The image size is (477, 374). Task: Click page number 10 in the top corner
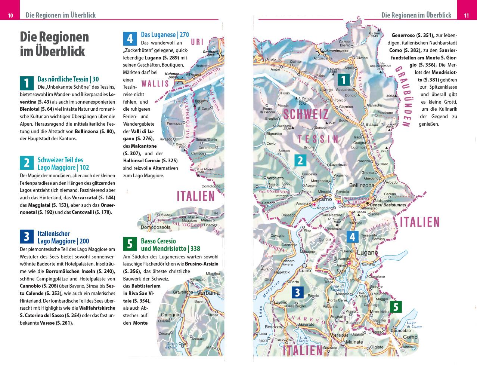pos(10,15)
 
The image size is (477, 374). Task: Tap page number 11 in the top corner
pos(466,15)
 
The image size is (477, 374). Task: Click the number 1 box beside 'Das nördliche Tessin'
pos(27,83)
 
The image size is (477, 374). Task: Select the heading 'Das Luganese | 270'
pos(165,35)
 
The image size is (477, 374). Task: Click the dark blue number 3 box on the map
pos(297,292)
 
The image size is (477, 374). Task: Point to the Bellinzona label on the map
pos(361,185)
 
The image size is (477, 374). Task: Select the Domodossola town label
pos(155,227)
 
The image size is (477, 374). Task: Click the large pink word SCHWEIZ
pos(305,114)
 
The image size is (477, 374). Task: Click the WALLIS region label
pos(155,84)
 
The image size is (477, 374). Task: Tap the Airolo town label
pos(271,59)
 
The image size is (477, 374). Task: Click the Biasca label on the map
pos(372,125)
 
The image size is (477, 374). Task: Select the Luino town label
pos(305,270)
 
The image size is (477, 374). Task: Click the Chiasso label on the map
pos(376,332)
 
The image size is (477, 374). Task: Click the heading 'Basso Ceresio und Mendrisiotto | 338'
pos(170,245)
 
